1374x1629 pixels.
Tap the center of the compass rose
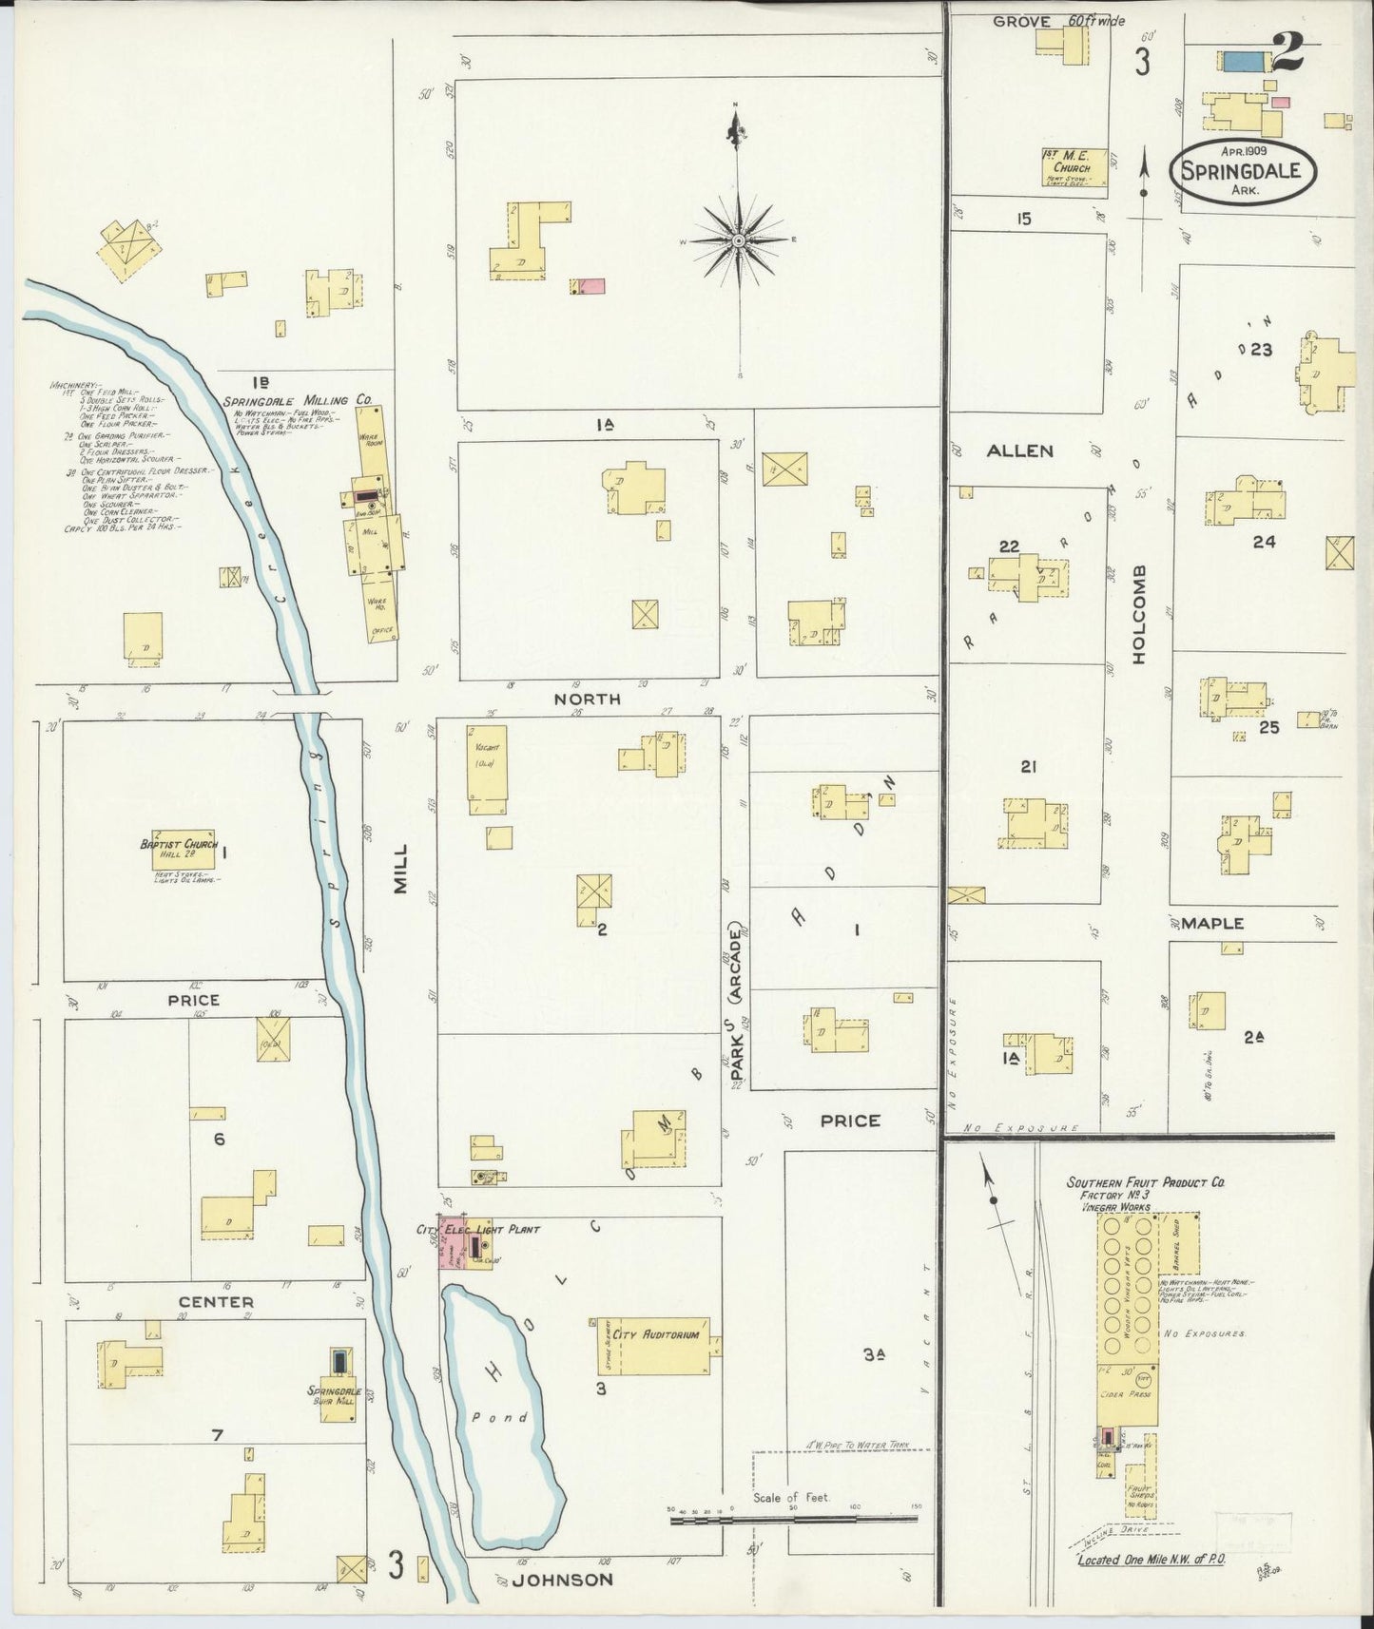(739, 241)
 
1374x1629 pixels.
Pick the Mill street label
(400, 868)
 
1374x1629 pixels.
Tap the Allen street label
(1019, 450)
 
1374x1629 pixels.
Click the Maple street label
(1212, 923)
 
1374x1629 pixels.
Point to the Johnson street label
(563, 1579)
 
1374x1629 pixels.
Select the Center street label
(216, 1301)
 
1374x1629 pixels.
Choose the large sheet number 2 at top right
(1287, 55)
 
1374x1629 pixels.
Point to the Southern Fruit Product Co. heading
(1145, 1183)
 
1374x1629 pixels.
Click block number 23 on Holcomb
(1261, 350)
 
